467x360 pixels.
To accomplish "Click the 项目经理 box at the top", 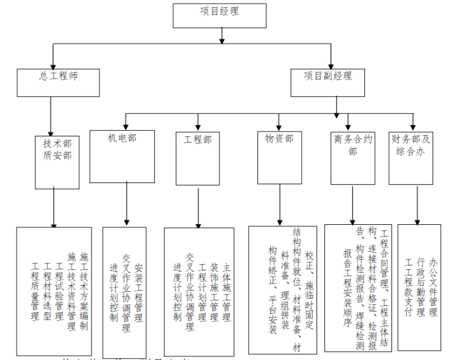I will pyautogui.click(x=219, y=15).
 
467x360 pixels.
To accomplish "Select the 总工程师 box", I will pyautogui.click(x=58, y=83).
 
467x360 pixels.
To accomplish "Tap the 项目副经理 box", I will pyautogui.click(x=328, y=83).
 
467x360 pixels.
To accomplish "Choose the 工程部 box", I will pyautogui.click(x=198, y=158).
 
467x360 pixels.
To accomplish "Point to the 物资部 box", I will pyautogui.click(x=279, y=158).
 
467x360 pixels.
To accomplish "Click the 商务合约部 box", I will pyautogui.click(x=352, y=158).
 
